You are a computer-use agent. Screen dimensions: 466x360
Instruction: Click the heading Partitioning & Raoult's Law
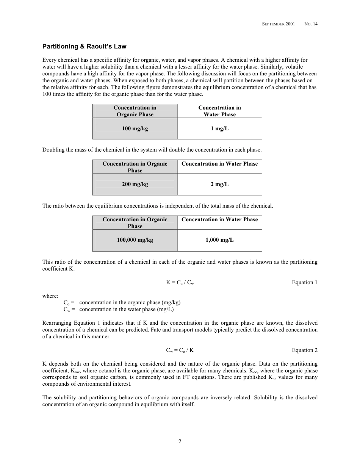84,47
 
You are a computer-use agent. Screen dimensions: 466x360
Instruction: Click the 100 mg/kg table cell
135,129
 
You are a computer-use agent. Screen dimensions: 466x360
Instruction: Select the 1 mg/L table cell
219,129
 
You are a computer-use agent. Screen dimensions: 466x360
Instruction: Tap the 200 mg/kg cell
135,185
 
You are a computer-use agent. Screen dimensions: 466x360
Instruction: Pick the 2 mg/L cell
219,185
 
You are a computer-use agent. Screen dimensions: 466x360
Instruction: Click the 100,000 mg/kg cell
135,240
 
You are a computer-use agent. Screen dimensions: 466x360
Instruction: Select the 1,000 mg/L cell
219,240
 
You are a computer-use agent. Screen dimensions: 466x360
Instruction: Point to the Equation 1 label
305,282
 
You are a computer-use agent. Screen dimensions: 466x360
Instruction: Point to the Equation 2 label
305,350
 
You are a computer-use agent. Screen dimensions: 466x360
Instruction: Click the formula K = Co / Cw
180,283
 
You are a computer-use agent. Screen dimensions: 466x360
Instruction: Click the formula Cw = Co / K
180,350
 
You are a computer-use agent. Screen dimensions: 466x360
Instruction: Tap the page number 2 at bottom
180,441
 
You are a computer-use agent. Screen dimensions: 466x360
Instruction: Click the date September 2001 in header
279,24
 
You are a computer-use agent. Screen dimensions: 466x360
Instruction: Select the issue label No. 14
311,24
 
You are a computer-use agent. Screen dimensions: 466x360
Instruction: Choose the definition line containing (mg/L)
119,310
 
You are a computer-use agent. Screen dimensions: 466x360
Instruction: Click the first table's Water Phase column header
219,111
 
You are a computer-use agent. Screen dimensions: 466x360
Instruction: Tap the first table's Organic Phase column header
135,111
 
